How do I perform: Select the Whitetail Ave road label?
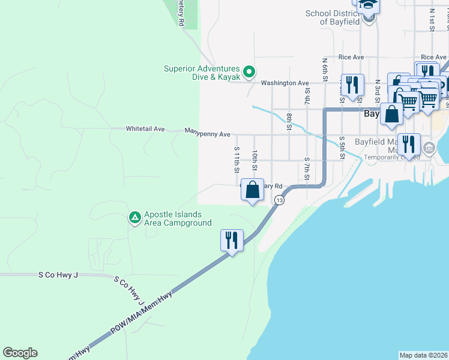coord(145,129)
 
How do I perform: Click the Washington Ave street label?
coord(285,83)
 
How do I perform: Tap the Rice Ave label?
coord(351,57)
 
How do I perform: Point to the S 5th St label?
coord(341,148)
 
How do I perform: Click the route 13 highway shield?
coord(279,200)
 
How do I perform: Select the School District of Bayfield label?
coord(332,17)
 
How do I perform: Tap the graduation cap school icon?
coord(368,6)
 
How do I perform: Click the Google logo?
coord(20,353)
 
